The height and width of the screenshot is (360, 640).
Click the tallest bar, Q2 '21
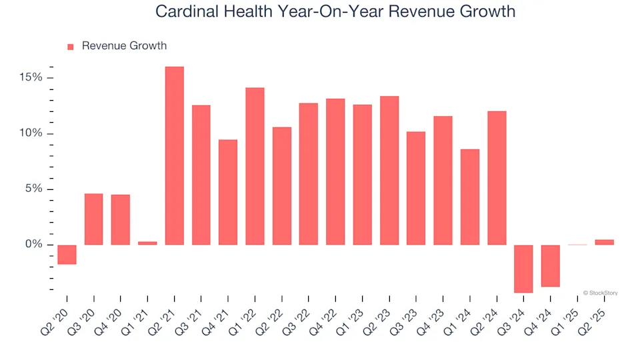(175, 156)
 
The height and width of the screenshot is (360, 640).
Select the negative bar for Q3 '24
(523, 269)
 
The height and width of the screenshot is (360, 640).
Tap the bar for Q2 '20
(67, 255)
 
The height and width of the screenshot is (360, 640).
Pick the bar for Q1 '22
(255, 167)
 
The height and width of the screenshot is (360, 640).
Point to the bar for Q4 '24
(550, 266)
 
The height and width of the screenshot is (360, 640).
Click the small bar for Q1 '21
(147, 243)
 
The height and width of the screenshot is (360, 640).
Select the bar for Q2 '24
(497, 178)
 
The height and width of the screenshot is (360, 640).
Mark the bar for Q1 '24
(470, 197)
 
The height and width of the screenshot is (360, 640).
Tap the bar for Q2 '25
(604, 242)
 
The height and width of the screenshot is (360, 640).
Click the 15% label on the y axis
(30, 78)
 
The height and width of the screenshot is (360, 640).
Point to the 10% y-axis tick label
(30, 133)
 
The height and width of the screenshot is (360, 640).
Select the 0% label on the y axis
(33, 245)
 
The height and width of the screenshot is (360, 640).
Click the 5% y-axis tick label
(33, 189)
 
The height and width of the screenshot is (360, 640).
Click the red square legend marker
(71, 47)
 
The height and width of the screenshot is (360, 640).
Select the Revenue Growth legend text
(124, 46)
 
